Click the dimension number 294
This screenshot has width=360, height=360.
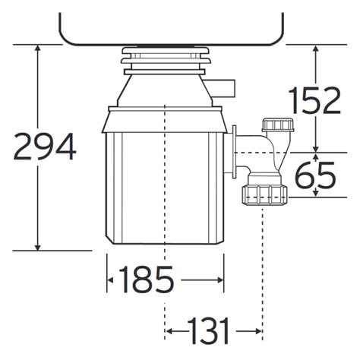click(44, 147)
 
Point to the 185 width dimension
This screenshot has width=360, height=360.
click(145, 280)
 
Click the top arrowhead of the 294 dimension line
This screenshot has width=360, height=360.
click(37, 49)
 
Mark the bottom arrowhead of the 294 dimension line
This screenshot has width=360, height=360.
click(37, 246)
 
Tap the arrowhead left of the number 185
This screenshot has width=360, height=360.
click(110, 280)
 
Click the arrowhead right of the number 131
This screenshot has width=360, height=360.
click(258, 331)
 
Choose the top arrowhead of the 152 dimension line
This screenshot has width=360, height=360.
click(317, 49)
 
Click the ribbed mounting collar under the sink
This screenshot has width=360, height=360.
click(165, 58)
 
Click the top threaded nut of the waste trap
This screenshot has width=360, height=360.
click(272, 125)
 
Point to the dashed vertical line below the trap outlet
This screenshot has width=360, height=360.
click(263, 258)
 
